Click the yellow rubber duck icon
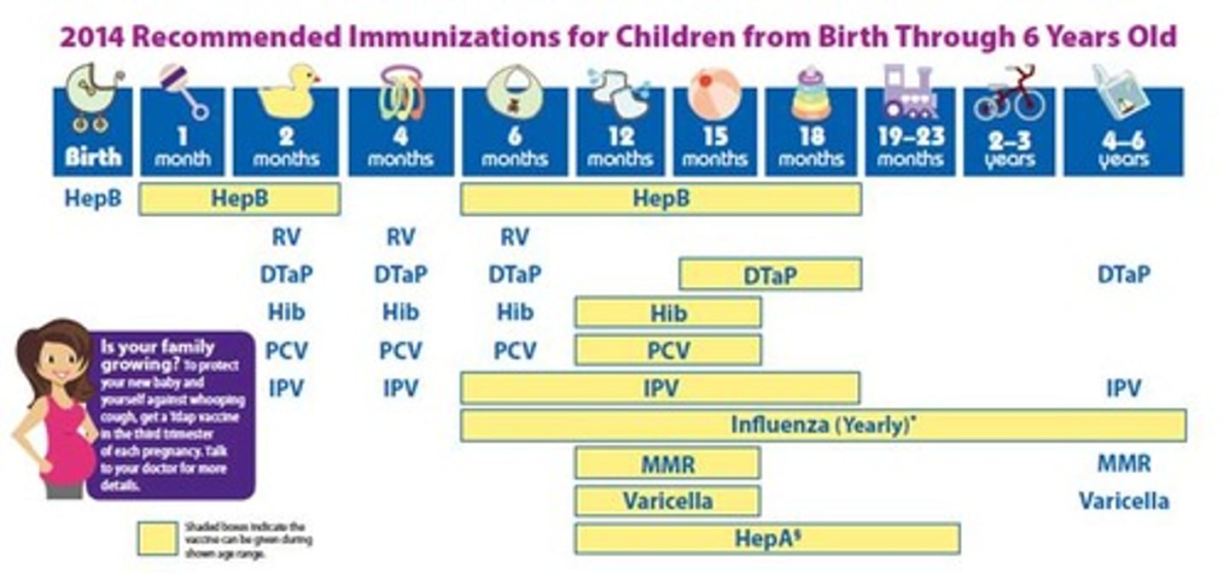click(287, 92)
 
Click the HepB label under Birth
click(93, 199)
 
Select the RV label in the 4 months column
click(400, 237)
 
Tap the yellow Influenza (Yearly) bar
click(823, 425)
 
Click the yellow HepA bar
click(766, 539)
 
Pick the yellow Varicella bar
click(667, 500)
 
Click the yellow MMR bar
click(667, 464)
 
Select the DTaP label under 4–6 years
click(1123, 275)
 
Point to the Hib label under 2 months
click(286, 313)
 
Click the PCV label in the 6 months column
click(515, 351)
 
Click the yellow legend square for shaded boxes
click(156, 538)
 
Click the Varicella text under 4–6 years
click(1123, 500)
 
